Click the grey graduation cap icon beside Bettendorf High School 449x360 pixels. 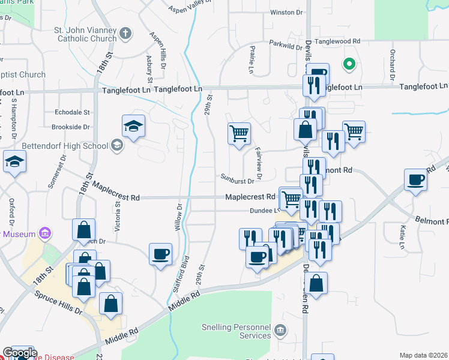click(x=116, y=145)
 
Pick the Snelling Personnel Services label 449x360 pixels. click(x=238, y=331)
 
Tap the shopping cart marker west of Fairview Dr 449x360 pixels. click(x=239, y=133)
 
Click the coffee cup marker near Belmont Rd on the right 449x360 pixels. click(x=415, y=179)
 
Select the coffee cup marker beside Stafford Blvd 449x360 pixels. click(x=160, y=254)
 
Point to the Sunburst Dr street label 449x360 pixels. click(x=237, y=180)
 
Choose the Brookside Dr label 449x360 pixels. click(x=71, y=127)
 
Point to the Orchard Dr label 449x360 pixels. click(x=392, y=65)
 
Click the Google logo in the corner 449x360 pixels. click(x=20, y=353)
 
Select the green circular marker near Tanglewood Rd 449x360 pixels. click(x=349, y=63)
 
